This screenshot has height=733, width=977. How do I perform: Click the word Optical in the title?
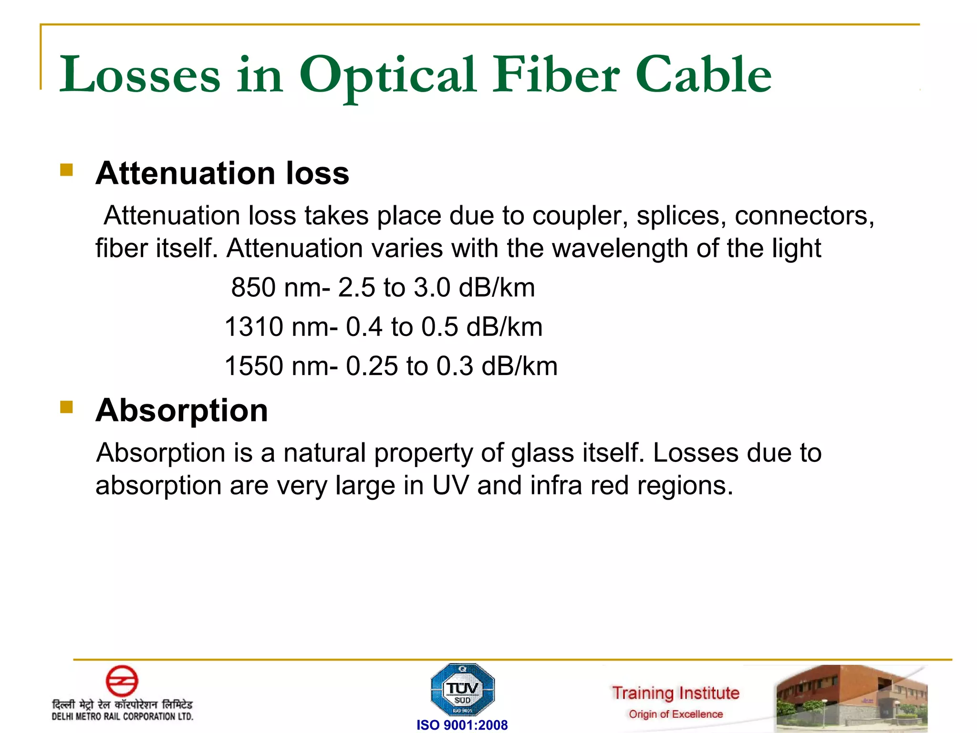pyautogui.click(x=387, y=75)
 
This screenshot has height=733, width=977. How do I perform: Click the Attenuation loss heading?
pyautogui.click(x=222, y=173)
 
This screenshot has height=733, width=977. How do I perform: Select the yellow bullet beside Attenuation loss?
pyautogui.click(x=67, y=170)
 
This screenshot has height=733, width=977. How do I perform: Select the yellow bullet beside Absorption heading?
pyautogui.click(x=67, y=407)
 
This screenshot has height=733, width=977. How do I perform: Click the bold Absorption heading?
pyautogui.click(x=182, y=410)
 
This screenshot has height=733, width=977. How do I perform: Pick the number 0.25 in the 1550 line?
pyautogui.click(x=372, y=366)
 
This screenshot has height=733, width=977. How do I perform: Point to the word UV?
pyautogui.click(x=450, y=485)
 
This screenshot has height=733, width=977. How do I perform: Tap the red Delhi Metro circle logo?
pyautogui.click(x=122, y=681)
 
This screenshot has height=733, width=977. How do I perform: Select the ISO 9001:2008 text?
pyautogui.click(x=462, y=725)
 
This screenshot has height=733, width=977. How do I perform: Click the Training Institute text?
pyautogui.click(x=676, y=693)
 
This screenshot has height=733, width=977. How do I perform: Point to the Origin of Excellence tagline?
pyautogui.click(x=676, y=714)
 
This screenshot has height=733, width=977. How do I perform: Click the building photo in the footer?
pyautogui.click(x=851, y=698)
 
